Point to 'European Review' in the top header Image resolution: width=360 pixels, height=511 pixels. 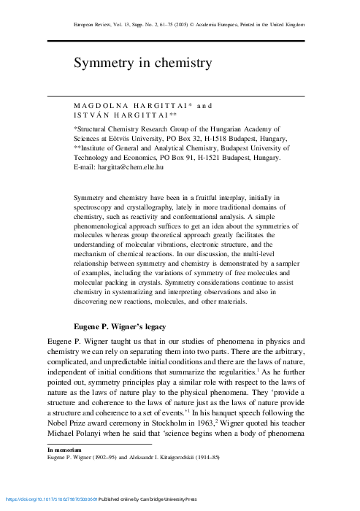tap(96, 25)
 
